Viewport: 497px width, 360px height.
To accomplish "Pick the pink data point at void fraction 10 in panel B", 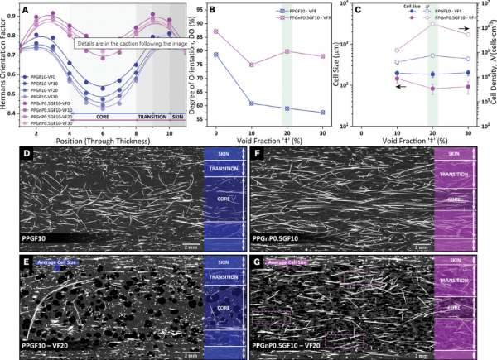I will tap(251, 65).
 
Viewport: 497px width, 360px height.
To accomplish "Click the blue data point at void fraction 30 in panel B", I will tap(322, 113).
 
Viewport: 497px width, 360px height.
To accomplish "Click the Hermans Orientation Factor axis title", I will tap(7, 66).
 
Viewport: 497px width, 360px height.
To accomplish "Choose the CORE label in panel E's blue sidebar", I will tap(220, 307).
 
